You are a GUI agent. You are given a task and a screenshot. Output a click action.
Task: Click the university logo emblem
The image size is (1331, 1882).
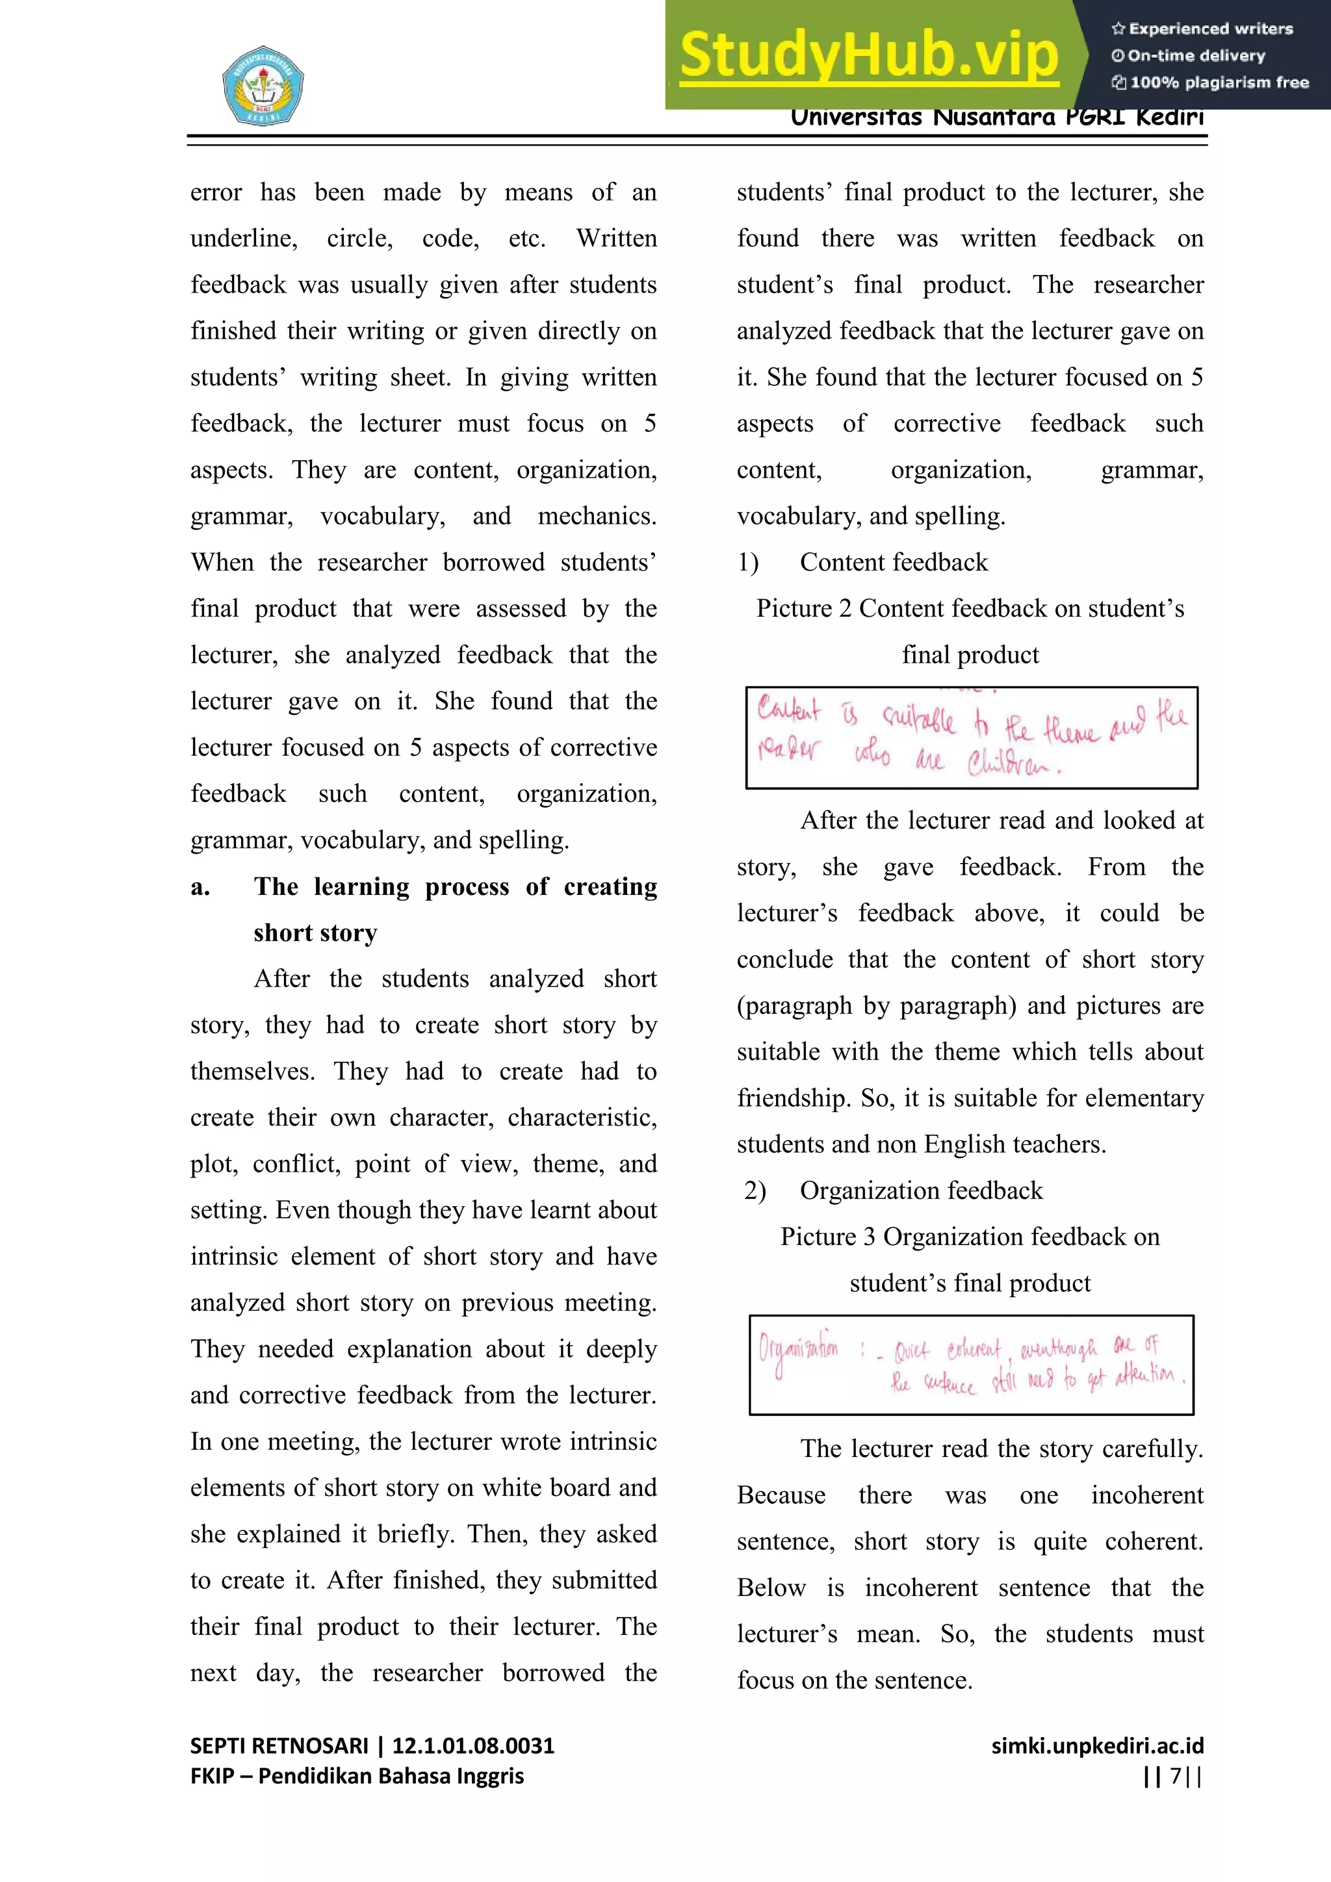click(x=263, y=85)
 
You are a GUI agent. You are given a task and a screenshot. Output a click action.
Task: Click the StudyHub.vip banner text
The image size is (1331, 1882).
click(x=869, y=55)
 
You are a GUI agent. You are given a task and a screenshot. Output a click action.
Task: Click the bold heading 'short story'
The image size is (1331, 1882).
click(x=315, y=933)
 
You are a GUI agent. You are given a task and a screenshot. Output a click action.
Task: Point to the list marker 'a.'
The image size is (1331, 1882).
click(x=200, y=887)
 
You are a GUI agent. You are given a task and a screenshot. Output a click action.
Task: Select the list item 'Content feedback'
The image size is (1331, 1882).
click(x=894, y=562)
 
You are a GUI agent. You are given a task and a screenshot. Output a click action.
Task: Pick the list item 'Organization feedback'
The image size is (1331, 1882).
click(x=920, y=1190)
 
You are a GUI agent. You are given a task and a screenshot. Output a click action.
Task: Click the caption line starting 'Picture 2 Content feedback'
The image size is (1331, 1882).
click(x=970, y=608)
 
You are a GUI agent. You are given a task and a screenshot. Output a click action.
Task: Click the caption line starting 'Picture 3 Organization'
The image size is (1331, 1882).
click(x=970, y=1236)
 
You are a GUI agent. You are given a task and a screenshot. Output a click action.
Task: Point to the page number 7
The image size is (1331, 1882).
click(x=1174, y=1776)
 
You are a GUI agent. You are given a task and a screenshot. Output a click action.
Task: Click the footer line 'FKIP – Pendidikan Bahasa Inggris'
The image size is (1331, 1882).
click(x=357, y=1776)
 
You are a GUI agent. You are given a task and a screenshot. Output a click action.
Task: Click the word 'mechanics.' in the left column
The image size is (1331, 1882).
click(x=597, y=515)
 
